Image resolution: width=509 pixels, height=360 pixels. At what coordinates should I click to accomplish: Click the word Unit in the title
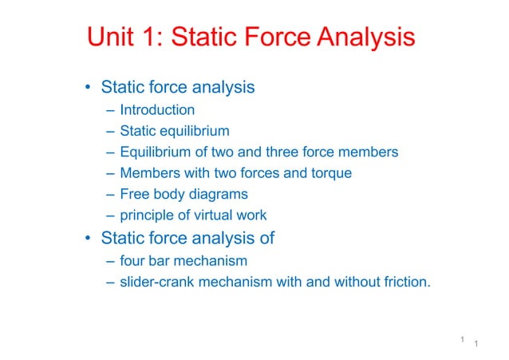click(112, 38)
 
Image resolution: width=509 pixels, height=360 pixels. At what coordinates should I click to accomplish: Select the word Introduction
click(157, 109)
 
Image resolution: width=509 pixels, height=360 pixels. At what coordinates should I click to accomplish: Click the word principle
click(146, 215)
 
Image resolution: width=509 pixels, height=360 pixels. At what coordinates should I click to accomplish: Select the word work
click(252, 215)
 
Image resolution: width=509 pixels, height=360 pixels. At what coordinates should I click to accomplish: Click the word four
click(132, 260)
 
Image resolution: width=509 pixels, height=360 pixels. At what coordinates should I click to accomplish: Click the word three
click(290, 152)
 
